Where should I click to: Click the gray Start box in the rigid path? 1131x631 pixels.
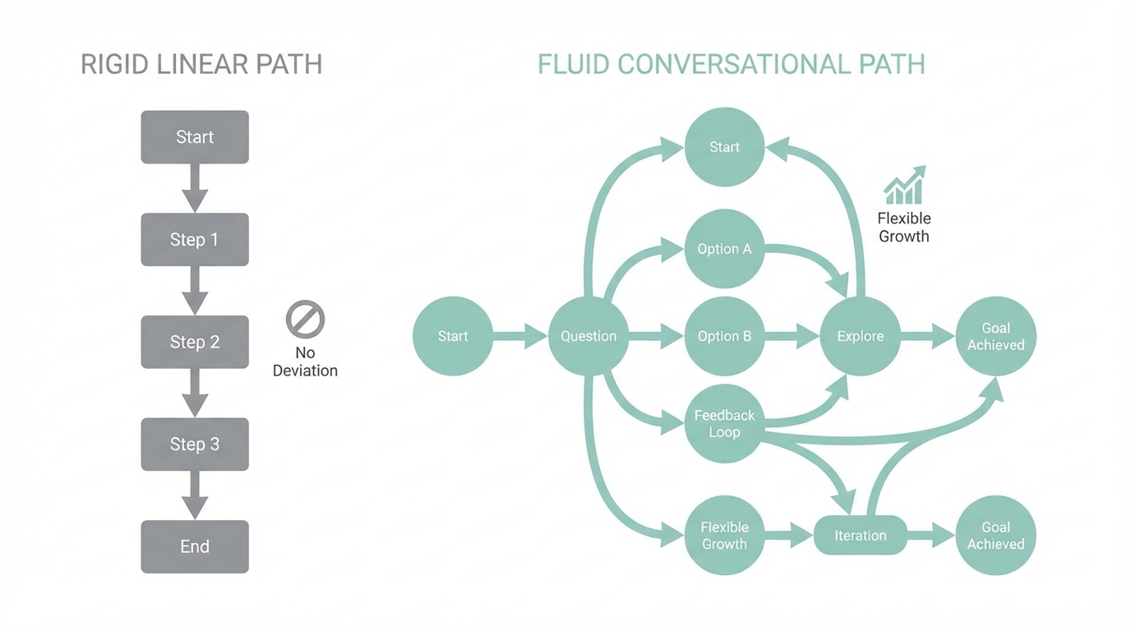click(195, 137)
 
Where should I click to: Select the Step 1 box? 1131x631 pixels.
click(195, 239)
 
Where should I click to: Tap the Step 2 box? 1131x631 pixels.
click(195, 342)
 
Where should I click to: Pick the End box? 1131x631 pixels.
click(195, 546)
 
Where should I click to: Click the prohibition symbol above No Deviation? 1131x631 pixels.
click(305, 320)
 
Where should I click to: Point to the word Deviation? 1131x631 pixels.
click(305, 371)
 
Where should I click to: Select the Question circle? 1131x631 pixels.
click(589, 336)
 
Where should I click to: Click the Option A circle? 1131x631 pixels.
click(724, 249)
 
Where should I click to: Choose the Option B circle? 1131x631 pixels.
click(724, 336)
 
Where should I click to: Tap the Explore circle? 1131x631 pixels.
click(860, 336)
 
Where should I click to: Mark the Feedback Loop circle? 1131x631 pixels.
click(724, 423)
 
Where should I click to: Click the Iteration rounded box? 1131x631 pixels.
click(860, 536)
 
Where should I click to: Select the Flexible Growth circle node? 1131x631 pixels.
click(724, 536)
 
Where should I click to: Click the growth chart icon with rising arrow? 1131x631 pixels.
click(904, 186)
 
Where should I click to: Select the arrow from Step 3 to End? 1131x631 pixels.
click(195, 495)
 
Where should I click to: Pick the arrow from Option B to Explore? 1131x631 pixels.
click(792, 336)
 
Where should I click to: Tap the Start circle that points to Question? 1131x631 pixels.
click(453, 336)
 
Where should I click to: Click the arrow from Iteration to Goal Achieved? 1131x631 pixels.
click(931, 536)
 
